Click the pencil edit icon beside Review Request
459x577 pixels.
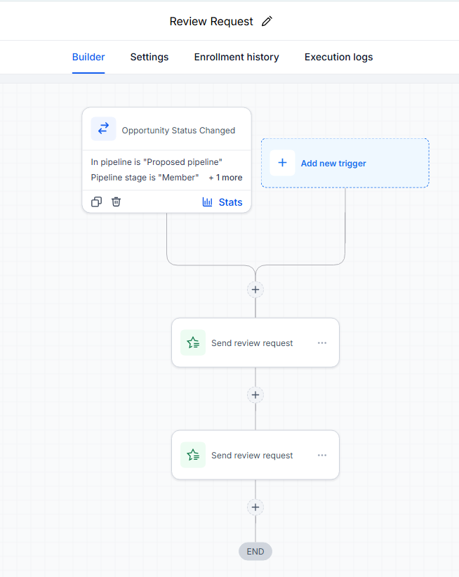[267, 21]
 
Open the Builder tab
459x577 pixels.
[88, 57]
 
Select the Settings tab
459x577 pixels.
[149, 57]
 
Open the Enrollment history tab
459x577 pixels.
[237, 57]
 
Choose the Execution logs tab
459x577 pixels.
[339, 57]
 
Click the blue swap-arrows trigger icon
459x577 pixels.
[103, 128]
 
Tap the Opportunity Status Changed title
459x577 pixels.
[178, 131]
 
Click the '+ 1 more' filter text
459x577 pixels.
[225, 178]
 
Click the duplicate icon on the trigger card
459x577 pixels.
[96, 201]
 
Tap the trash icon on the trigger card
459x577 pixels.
[117, 201]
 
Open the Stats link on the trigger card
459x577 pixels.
[222, 202]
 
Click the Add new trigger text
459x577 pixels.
[333, 164]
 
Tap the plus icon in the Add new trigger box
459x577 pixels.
[282, 163]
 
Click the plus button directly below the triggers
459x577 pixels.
[255, 290]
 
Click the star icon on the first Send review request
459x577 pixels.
[193, 343]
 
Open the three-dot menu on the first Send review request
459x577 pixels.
[322, 343]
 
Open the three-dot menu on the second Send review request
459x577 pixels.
[322, 455]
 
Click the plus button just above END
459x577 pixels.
[255, 507]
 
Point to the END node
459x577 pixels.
[255, 551]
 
